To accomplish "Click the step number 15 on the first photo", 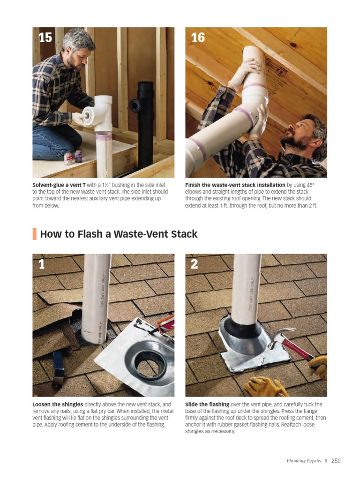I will click(x=45, y=37).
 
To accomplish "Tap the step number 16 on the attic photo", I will click(x=198, y=37).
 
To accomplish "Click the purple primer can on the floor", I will click(x=78, y=156).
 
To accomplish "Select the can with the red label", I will click(x=68, y=158).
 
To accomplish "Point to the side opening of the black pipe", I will click(x=135, y=105).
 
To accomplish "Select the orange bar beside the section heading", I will click(x=34, y=233).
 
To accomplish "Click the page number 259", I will click(x=336, y=461).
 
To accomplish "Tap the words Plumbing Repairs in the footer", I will click(x=304, y=461).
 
